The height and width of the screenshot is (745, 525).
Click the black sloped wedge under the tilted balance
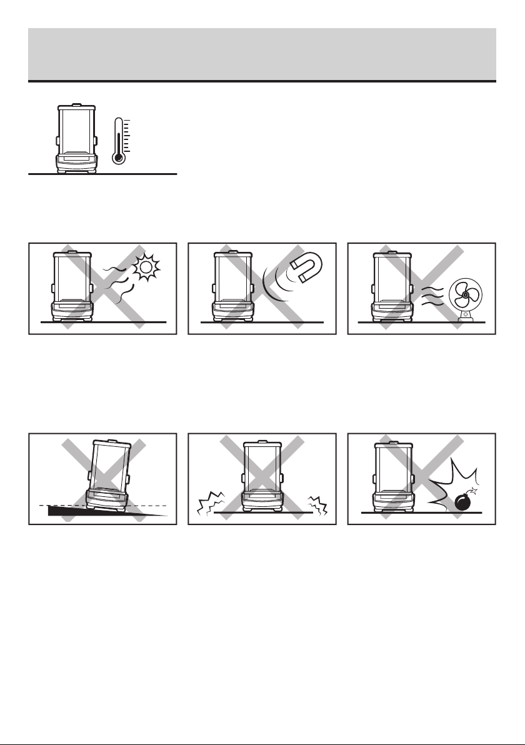(106, 509)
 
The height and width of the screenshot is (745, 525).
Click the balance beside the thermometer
(76, 138)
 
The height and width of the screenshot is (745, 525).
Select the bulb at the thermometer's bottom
(117, 158)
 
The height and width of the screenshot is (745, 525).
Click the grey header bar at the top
(262, 54)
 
